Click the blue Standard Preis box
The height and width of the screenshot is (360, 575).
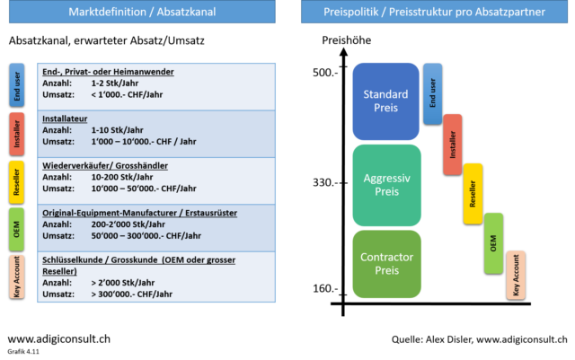[385, 101]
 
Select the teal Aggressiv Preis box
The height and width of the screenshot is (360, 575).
[387, 185]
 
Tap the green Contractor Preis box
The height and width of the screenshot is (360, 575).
[387, 264]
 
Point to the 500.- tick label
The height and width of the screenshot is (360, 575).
[325, 73]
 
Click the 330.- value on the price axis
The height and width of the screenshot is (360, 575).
[325, 182]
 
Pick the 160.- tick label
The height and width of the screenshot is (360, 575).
[325, 288]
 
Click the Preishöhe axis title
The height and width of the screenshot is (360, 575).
[347, 40]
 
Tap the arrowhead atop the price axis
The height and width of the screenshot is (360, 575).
[343, 52]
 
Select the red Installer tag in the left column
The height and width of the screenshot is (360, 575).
[17, 134]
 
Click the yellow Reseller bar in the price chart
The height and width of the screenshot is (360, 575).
[473, 194]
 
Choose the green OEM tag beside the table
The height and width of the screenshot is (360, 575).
[17, 230]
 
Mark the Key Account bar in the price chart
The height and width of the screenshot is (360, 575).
[516, 275]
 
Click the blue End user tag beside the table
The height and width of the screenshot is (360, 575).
[17, 85]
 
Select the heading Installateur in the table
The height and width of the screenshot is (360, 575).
[65, 119]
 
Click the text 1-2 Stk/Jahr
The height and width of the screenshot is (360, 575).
[115, 83]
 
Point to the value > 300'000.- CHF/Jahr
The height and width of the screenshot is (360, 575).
[132, 294]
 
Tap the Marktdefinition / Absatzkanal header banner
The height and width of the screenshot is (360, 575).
[142, 12]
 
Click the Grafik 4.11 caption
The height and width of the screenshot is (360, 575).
[23, 352]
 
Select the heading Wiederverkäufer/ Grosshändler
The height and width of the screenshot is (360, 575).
[105, 166]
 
